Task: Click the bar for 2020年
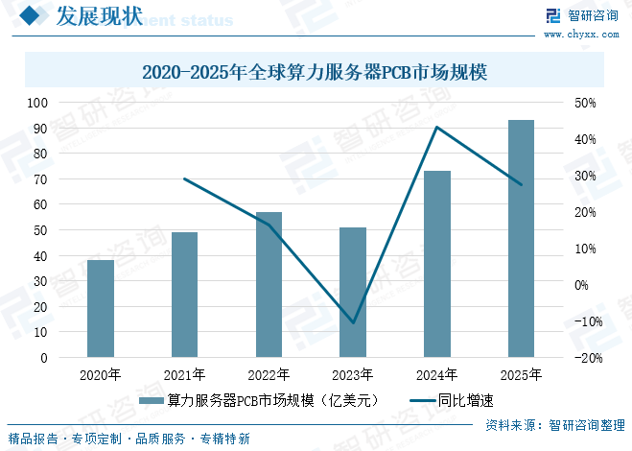101,308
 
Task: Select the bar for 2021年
184,295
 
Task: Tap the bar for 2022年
269,284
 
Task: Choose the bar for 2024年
437,264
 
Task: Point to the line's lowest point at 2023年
353,322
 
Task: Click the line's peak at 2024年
437,127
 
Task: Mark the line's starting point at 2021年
184,178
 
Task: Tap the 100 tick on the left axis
38,102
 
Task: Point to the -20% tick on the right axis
587,358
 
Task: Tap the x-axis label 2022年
269,375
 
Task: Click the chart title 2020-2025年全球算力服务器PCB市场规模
316,72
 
